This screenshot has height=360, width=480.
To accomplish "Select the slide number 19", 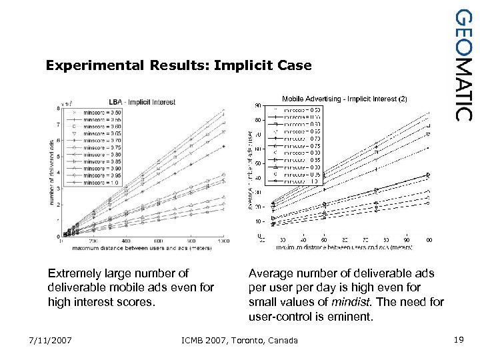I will point(458,341).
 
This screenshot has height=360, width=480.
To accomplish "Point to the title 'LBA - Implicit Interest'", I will point(142,102).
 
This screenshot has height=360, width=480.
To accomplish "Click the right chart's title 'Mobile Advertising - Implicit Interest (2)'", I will point(344,99).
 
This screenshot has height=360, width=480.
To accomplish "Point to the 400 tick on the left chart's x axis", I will point(127,241).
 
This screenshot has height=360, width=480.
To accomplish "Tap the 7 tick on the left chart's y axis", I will point(58,124).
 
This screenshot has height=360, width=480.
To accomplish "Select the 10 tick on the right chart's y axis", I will point(258,221).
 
